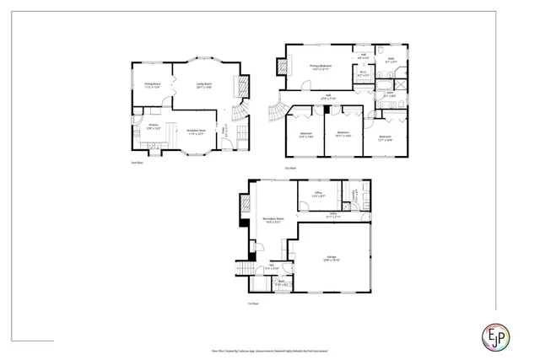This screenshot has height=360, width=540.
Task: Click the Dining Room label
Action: pos(152,84)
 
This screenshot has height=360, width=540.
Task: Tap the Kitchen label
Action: pos(153,126)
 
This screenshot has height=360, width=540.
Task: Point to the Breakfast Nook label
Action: pos(197,131)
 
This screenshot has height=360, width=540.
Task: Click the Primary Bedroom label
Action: pos(320,66)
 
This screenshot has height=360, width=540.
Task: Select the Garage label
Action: pos(331,259)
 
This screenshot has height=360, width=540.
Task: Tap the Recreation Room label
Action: pos(273,219)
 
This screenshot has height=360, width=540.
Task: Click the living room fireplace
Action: pos(244,86)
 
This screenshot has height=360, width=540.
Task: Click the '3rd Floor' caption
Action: pos(290,168)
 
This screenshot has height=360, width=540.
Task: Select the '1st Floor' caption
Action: pos(251,302)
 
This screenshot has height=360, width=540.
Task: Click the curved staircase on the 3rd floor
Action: pos(276,112)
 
